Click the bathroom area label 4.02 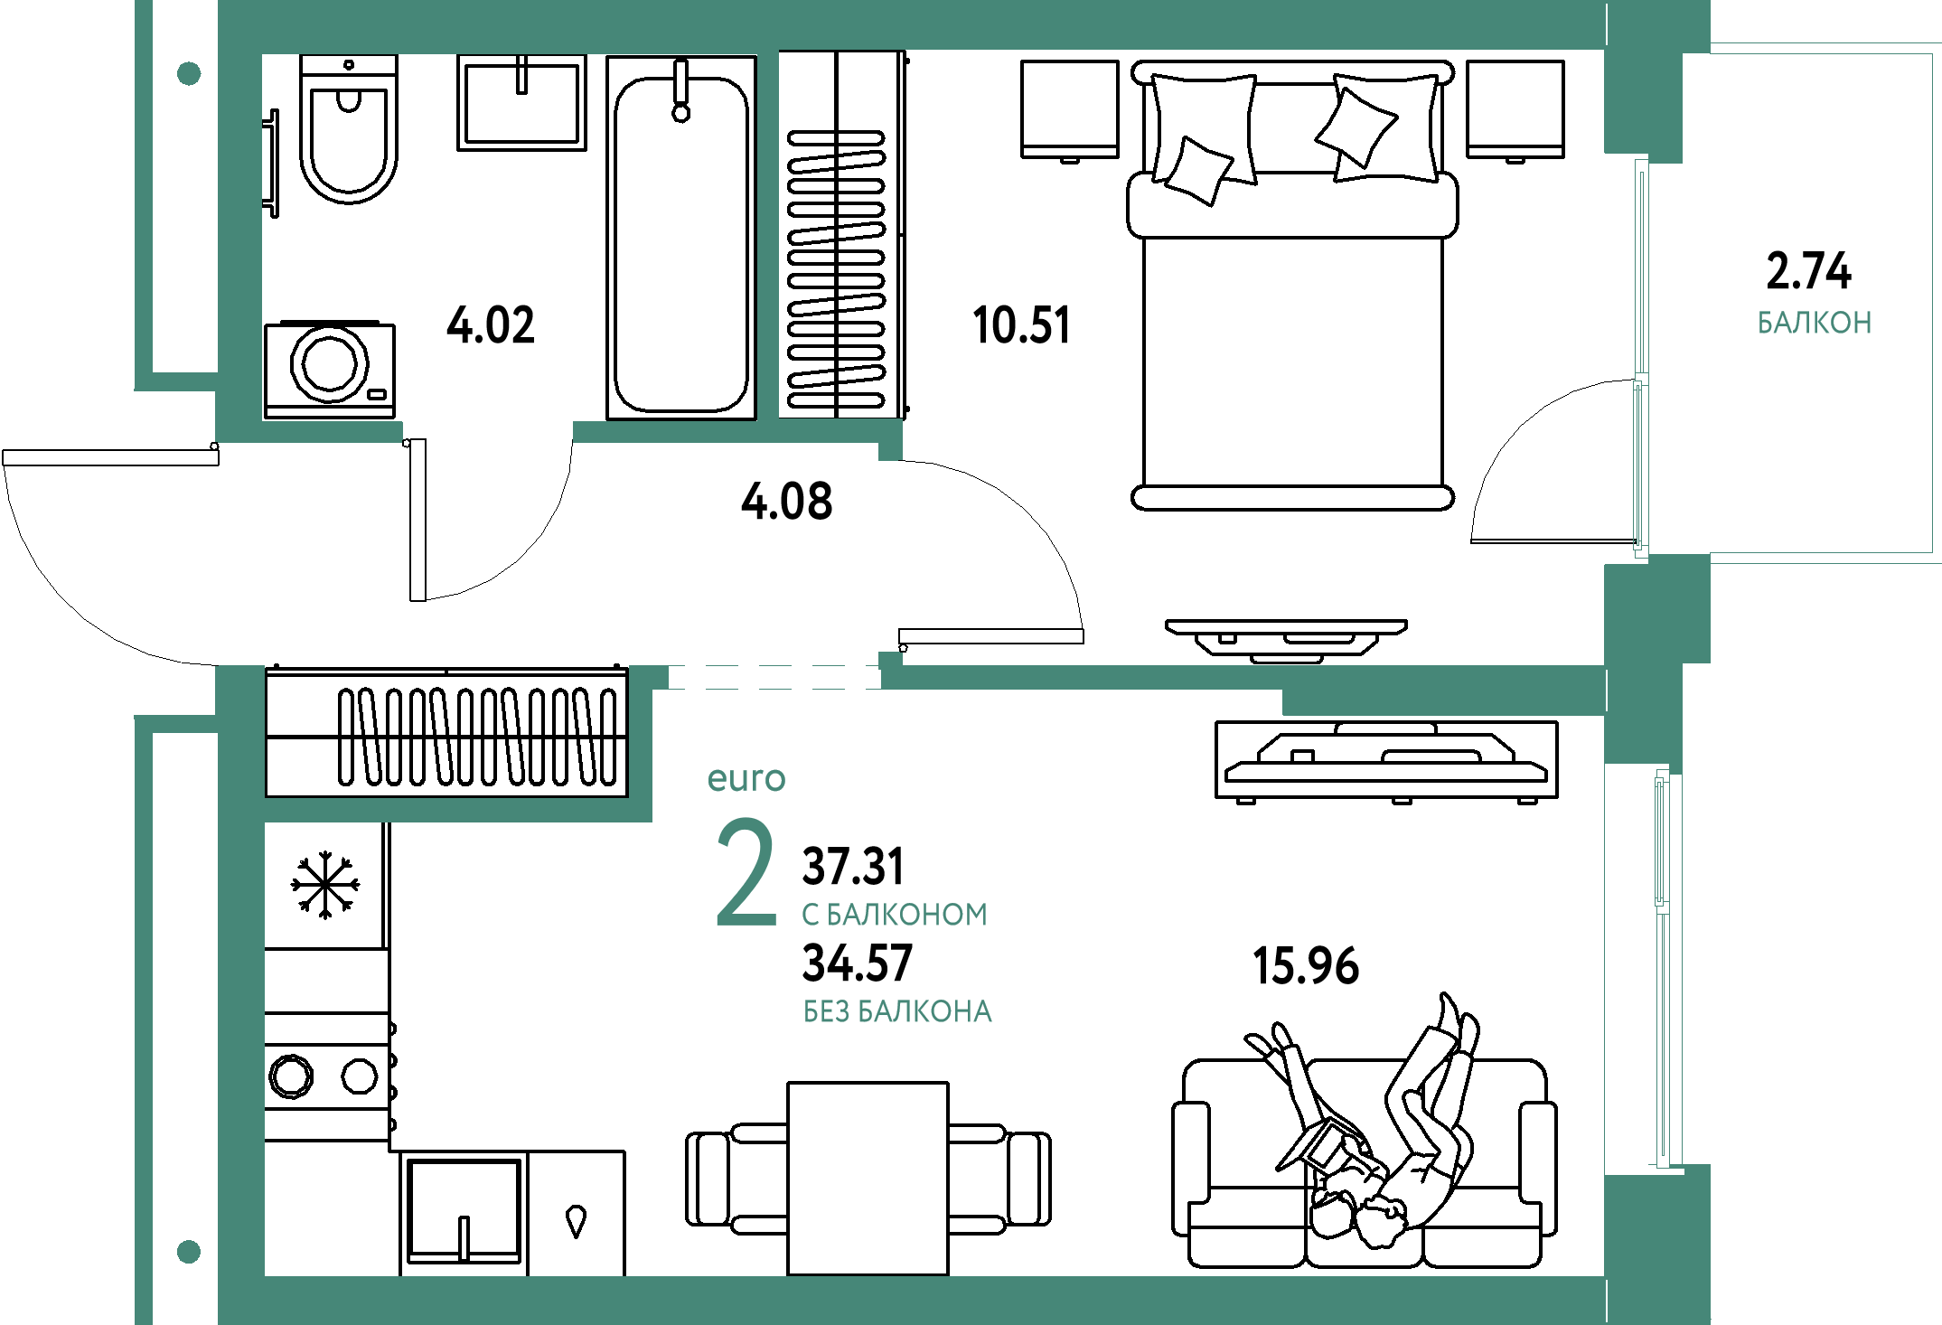(x=491, y=325)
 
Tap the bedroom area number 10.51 (x=1021, y=325)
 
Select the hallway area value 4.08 (x=787, y=502)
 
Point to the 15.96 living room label (x=1306, y=965)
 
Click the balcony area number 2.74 (x=1808, y=271)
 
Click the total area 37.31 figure (x=853, y=866)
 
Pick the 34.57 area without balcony (x=858, y=963)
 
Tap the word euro (x=746, y=778)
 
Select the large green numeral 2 (x=746, y=872)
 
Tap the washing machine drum (x=329, y=363)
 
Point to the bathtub (x=681, y=238)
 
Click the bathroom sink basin (x=521, y=102)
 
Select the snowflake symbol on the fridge (x=325, y=885)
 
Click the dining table (x=868, y=1179)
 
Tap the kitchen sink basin (x=464, y=1211)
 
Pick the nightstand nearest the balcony (x=1515, y=109)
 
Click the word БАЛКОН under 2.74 (x=1815, y=323)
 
